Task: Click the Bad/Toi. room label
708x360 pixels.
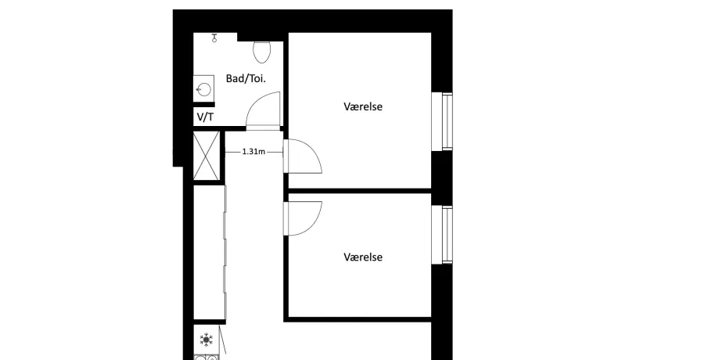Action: tap(246, 78)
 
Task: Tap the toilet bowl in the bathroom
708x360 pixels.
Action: tap(262, 52)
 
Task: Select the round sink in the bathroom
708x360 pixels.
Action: tap(203, 90)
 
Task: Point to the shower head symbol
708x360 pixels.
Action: tap(214, 38)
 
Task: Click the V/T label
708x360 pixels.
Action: tap(205, 117)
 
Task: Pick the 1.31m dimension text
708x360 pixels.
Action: tap(253, 152)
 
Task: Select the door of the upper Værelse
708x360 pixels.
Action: tap(303, 156)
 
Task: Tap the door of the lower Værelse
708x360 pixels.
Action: tap(303, 218)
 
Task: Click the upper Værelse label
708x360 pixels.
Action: tap(363, 106)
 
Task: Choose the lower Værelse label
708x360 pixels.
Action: tap(363, 257)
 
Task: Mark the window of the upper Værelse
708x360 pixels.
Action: tap(442, 121)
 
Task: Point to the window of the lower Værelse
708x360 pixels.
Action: tap(442, 235)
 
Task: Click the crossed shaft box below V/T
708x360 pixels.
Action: tap(207, 156)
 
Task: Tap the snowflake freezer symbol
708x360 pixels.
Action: tap(207, 340)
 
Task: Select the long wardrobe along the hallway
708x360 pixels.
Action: tap(210, 252)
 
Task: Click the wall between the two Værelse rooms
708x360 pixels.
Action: tap(359, 191)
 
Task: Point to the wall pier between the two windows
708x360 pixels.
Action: tap(442, 178)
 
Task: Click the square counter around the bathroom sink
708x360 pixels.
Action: tap(203, 89)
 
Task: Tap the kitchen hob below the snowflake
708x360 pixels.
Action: tap(207, 358)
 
